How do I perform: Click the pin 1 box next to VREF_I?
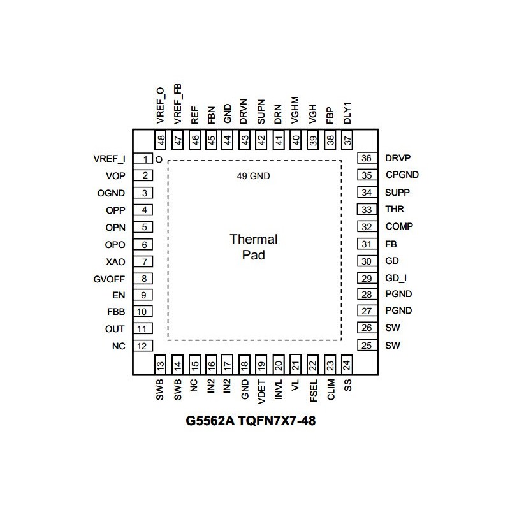coord(146,159)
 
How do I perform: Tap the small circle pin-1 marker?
coord(159,159)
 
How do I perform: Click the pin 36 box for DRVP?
coord(366,159)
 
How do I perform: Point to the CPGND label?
coord(402,175)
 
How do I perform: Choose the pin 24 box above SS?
coord(347,365)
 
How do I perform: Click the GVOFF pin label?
coord(109,279)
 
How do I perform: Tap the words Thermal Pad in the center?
coord(254,247)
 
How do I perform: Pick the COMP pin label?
coord(399,226)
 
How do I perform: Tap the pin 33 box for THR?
coord(366,209)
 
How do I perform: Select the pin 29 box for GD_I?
coord(366,278)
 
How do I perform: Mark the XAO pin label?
coord(115,261)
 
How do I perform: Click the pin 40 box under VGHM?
coord(296,140)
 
